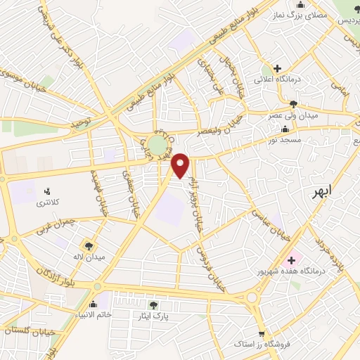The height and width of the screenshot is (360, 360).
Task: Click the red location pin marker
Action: coord(181,165)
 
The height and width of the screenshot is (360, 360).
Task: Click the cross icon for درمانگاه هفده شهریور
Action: coord(291,260)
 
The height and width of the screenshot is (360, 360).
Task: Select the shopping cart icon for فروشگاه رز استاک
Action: coord(261,335)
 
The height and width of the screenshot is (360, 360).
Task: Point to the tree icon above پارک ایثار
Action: coord(153,305)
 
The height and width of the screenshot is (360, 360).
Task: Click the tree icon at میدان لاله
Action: coord(89,245)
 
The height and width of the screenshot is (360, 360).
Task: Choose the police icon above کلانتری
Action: coord(47,191)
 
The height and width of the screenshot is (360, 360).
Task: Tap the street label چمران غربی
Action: coord(72,223)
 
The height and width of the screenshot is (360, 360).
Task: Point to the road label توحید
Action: coord(81,124)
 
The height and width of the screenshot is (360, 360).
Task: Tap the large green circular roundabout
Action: coord(158,146)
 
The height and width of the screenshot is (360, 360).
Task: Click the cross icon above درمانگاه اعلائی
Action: coord(278,69)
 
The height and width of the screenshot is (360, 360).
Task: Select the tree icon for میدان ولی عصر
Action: coord(293,103)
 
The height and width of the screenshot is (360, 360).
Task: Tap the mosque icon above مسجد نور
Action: coord(283,129)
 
